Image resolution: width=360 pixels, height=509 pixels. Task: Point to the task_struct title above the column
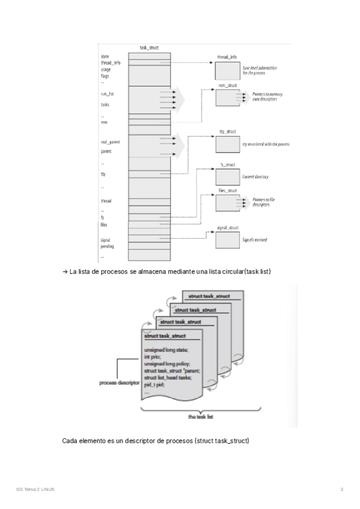[x=148, y=47]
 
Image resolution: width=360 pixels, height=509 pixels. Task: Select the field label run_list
[x=107, y=94]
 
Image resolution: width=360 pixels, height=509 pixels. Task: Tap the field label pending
[x=107, y=247]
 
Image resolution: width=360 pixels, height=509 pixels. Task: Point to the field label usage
[x=106, y=69]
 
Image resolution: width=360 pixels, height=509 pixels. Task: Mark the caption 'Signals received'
[x=254, y=240]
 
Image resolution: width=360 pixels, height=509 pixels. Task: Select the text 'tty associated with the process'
[x=266, y=145]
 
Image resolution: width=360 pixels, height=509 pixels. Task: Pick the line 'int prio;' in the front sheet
[x=153, y=357]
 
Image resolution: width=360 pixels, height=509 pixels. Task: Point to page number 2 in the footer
[x=341, y=490]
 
